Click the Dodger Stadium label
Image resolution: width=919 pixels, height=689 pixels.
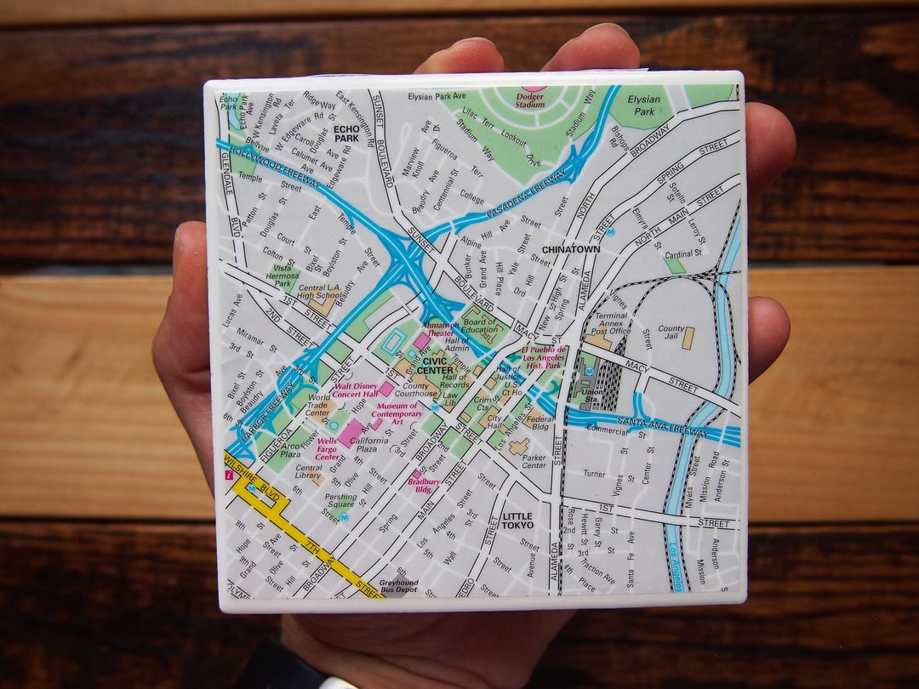[x=529, y=102]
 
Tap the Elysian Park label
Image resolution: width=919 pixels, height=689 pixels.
[x=643, y=105]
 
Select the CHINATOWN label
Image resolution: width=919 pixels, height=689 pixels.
[x=570, y=249]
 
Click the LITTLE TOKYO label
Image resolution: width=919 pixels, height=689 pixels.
[x=517, y=521]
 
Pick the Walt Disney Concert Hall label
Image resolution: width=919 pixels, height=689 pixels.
[x=348, y=394]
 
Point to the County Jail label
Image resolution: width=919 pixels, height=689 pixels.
[x=671, y=334]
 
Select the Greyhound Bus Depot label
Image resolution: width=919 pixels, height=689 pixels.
[x=398, y=586]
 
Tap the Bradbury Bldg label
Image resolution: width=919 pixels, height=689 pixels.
[x=423, y=486]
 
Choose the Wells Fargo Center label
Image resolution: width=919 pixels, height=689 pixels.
[x=327, y=447]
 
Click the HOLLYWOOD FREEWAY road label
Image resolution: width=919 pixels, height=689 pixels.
[x=268, y=168]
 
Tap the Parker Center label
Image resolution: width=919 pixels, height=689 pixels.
[x=534, y=461]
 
